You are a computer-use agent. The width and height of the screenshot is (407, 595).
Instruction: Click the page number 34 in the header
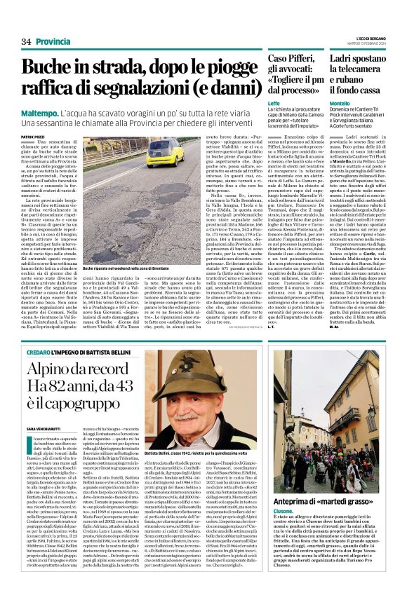[x=27, y=42]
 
